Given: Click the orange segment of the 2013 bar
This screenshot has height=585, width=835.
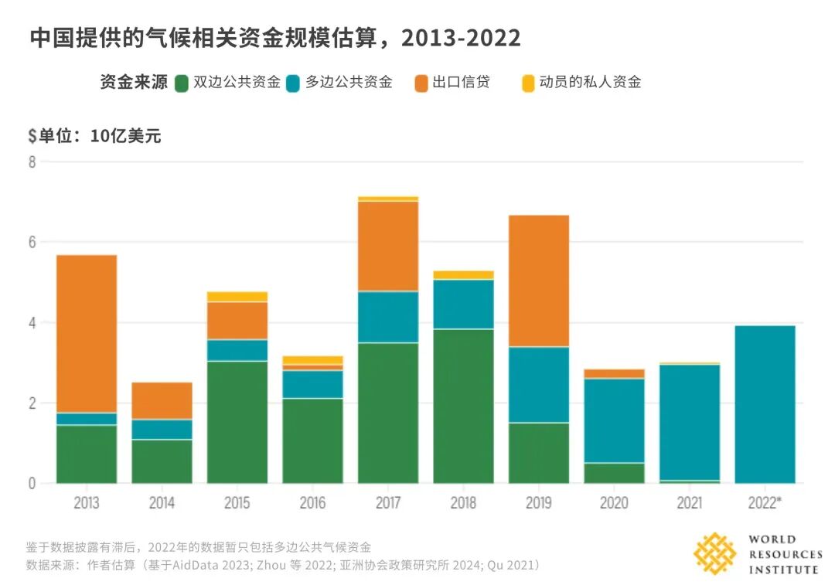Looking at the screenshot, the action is pyautogui.click(x=87, y=334).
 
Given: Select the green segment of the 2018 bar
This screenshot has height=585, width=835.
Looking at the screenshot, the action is pyautogui.click(x=463, y=406).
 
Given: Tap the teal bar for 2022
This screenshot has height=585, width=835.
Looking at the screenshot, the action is pyautogui.click(x=765, y=404).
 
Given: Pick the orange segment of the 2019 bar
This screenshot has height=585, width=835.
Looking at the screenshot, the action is pyautogui.click(x=539, y=281).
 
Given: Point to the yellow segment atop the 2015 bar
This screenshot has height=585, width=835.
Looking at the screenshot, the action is pyautogui.click(x=237, y=297).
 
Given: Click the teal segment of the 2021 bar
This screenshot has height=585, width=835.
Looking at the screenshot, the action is pyautogui.click(x=690, y=423).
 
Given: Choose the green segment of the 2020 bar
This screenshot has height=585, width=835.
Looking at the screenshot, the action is pyautogui.click(x=614, y=473).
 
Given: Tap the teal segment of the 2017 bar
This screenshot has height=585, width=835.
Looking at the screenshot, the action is pyautogui.click(x=388, y=318).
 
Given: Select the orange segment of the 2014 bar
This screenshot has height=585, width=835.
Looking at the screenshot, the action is pyautogui.click(x=162, y=401).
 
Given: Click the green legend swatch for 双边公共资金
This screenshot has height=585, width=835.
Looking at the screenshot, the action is pyautogui.click(x=182, y=83).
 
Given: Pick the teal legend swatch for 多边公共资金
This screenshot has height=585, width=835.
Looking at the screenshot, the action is pyautogui.click(x=293, y=83).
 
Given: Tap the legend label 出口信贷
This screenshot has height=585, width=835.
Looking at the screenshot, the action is pyautogui.click(x=461, y=82).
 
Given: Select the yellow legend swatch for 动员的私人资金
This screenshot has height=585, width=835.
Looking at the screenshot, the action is pyautogui.click(x=528, y=83).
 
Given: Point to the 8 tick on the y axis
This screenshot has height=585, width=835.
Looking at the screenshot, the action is pyautogui.click(x=32, y=162).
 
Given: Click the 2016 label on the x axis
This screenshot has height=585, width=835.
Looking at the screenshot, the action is pyautogui.click(x=312, y=502).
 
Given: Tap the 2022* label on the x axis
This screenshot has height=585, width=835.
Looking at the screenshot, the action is pyautogui.click(x=765, y=502).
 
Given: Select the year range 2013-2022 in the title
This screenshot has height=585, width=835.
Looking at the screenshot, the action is pyautogui.click(x=461, y=38).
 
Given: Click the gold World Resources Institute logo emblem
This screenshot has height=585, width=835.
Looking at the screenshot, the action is pyautogui.click(x=714, y=553).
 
